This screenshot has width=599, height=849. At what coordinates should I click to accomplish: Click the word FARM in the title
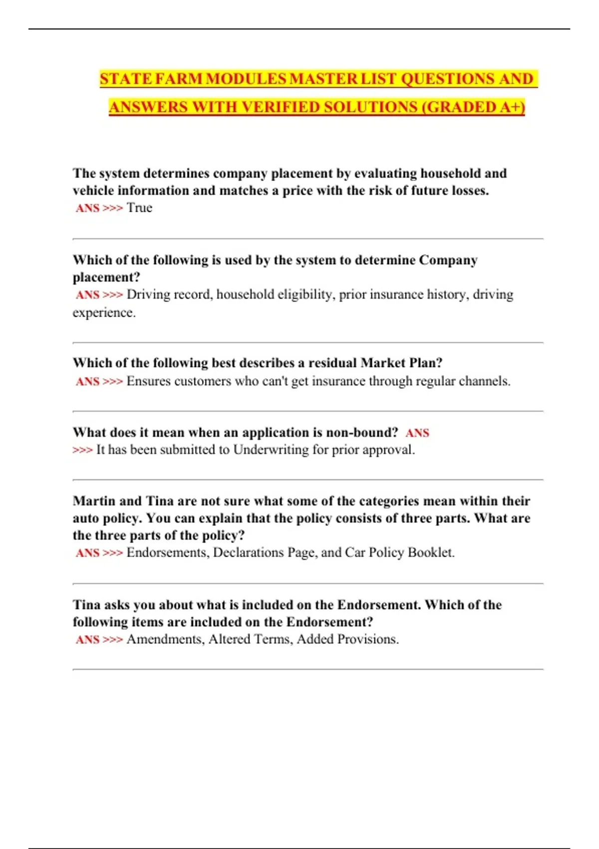178,79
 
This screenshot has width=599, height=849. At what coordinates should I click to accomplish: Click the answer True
139,208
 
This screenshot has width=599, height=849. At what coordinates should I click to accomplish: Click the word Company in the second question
448,260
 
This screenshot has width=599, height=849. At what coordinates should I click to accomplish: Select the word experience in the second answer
103,313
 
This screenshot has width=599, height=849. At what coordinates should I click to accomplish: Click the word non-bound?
362,432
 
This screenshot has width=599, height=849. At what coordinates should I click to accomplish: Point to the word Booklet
431,553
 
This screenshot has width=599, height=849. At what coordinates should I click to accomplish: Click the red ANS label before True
88,208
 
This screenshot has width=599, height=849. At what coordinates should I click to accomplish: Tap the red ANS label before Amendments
88,640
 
